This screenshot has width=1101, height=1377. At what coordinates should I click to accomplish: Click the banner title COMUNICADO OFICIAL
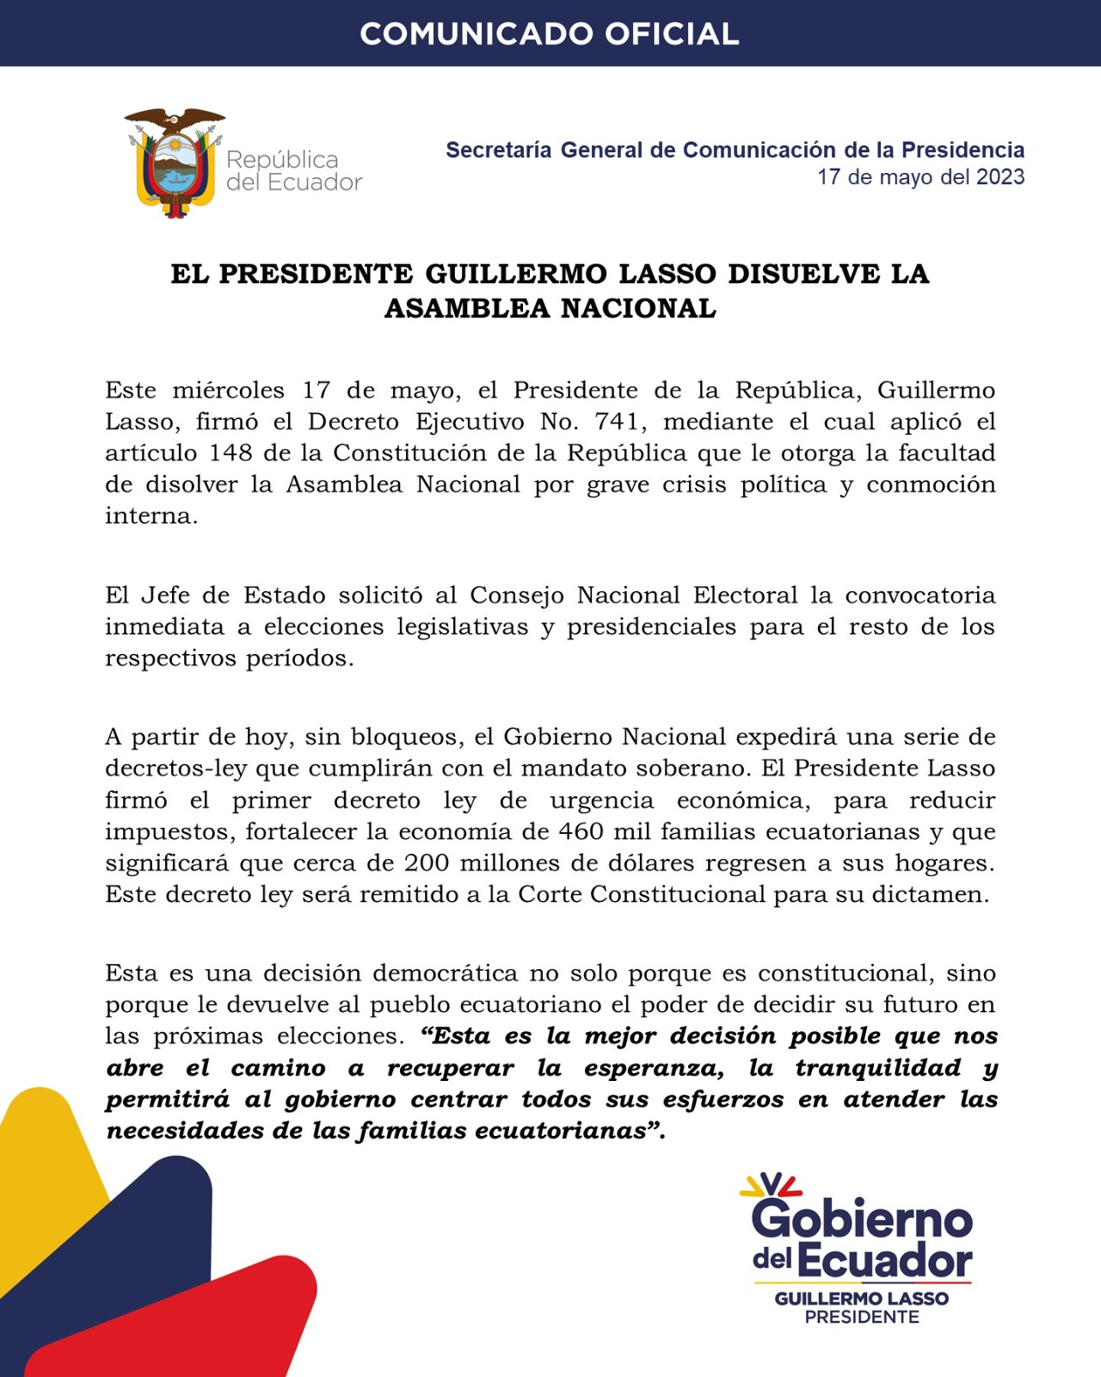coord(550,34)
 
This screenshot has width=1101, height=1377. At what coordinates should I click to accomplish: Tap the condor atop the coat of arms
coord(175,120)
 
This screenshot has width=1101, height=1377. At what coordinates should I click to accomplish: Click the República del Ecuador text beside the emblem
coord(293,170)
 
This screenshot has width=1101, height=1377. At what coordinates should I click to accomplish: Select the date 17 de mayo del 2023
coord(920,177)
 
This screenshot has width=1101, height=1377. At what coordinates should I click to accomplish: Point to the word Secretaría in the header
coord(498,150)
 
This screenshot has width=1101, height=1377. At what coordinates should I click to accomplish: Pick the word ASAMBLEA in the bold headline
coord(465,308)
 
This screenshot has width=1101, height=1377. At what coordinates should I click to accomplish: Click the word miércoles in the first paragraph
coord(228,391)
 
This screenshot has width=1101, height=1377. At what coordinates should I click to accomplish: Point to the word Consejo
coord(517,596)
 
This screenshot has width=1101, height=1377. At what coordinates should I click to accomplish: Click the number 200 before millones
coord(426,863)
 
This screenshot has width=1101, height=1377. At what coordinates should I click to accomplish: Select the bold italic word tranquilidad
coord(878,1068)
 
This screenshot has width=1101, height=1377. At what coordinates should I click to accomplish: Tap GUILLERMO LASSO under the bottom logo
coord(862,1299)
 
